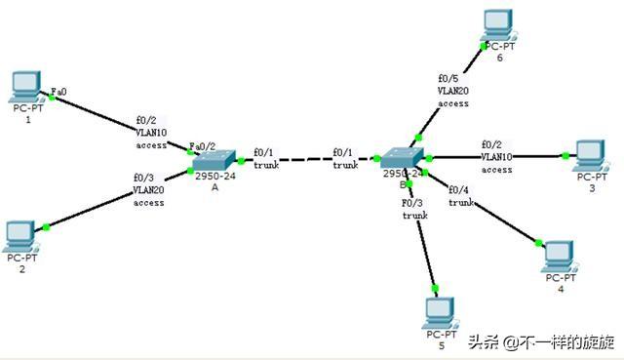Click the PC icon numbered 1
click(x=26, y=87)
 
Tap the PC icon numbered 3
click(x=589, y=154)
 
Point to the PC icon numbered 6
click(x=499, y=23)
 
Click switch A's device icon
click(x=214, y=161)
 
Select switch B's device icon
click(x=401, y=158)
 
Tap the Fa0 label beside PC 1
click(x=58, y=91)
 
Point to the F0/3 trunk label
click(x=414, y=209)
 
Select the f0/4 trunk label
click(x=460, y=195)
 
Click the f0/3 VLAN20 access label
click(x=148, y=190)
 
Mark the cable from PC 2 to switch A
click(x=117, y=200)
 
